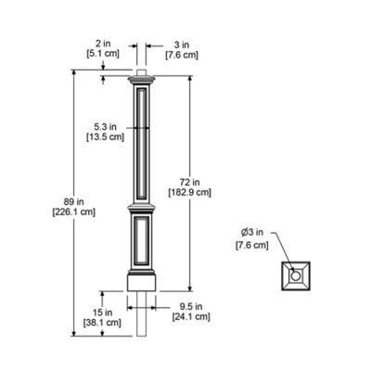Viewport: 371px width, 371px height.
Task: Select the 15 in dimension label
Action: click(x=102, y=312)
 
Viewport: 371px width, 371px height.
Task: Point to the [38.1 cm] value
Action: click(x=102, y=324)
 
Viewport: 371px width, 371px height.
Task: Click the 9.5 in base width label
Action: click(x=190, y=305)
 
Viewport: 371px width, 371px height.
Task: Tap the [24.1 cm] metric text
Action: click(x=190, y=317)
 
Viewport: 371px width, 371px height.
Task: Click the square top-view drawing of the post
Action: click(x=294, y=276)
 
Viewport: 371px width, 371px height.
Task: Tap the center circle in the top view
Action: click(x=294, y=275)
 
